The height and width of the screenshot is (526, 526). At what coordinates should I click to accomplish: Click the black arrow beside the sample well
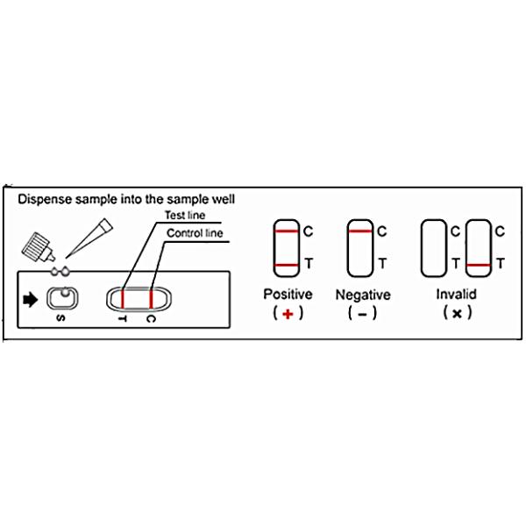point(30,299)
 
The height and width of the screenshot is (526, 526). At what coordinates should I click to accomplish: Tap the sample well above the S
point(62,298)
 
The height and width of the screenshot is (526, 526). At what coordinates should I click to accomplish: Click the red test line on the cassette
point(123,299)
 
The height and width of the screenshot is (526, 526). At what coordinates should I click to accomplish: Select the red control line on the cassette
point(152,299)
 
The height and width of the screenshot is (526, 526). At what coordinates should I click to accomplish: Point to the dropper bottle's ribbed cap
point(34,245)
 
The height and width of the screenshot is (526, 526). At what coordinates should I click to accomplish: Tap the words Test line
point(185,215)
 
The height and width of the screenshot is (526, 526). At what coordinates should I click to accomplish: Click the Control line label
point(195,233)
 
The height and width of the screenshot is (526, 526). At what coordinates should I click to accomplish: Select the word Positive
point(288,295)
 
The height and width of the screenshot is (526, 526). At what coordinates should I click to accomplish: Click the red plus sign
point(288,314)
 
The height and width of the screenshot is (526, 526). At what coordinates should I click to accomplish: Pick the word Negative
point(363,295)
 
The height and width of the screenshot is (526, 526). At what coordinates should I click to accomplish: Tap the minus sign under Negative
point(363,315)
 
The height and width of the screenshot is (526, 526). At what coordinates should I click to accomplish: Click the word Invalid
point(456,295)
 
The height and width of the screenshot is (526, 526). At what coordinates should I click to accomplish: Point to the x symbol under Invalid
point(457,314)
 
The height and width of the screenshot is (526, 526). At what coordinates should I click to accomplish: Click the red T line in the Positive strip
point(287,265)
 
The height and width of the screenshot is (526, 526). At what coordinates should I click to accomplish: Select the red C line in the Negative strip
point(360,231)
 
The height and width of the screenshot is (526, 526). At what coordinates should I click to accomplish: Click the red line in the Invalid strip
point(479,265)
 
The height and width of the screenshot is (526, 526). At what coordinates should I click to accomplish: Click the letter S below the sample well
point(60,318)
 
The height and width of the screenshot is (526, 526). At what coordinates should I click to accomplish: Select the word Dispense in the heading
point(45,200)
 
